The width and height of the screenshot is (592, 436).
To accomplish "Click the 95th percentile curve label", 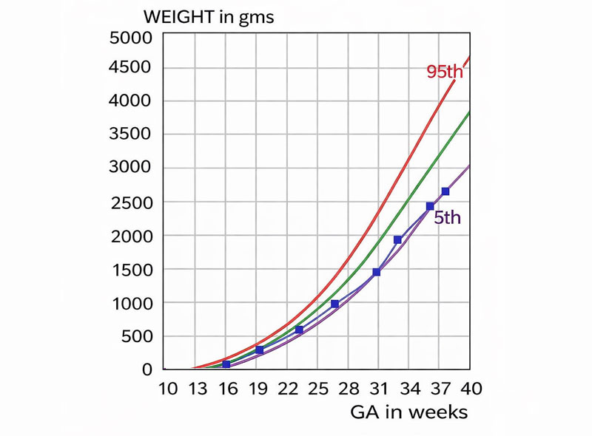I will (x=448, y=72).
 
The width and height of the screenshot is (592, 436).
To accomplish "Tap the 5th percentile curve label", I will (x=447, y=218).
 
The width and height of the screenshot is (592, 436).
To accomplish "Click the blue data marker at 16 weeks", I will (x=226, y=364).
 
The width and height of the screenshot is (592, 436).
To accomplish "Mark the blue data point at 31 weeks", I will (x=377, y=273).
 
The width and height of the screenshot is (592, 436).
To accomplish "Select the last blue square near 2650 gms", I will (x=445, y=191).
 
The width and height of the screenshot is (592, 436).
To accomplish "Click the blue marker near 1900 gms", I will (x=398, y=239).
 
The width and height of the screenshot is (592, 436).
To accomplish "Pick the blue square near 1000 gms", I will (x=334, y=304).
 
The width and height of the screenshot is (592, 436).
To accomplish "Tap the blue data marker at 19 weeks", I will (x=259, y=350).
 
